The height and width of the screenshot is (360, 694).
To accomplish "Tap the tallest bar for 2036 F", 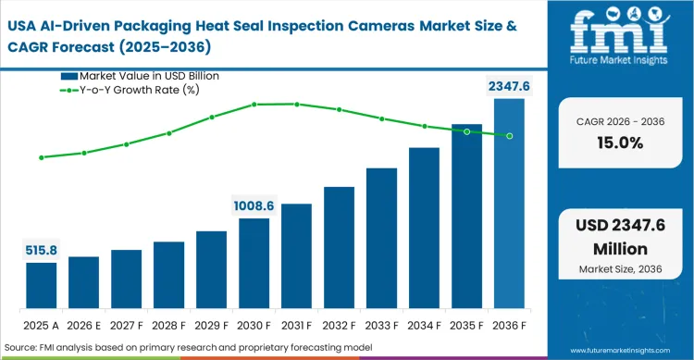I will point(509,204).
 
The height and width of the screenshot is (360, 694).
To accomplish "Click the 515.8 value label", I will point(41,249).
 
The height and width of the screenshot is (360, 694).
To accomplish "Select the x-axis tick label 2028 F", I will point(168,325).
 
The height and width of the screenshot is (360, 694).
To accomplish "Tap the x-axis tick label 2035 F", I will point(466,325).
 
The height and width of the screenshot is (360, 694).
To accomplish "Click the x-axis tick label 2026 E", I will point(83,325).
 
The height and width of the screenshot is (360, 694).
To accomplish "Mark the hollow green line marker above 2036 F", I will point(509,136).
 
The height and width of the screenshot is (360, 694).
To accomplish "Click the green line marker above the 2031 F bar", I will point(296,104).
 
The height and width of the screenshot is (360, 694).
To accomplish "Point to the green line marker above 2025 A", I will point(41,157).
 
